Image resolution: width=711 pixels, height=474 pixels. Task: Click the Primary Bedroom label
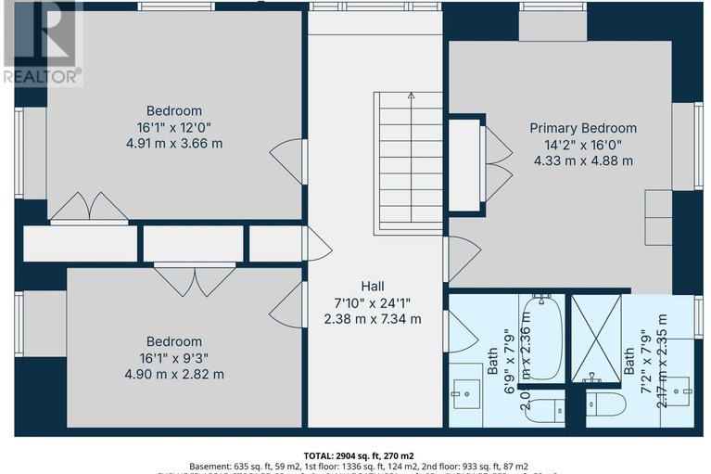click(x=583, y=128)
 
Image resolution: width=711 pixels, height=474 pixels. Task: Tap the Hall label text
click(x=373, y=287)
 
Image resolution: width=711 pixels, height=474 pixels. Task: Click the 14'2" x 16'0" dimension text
click(x=583, y=144)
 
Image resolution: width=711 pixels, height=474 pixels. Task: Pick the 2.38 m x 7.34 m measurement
click(x=373, y=319)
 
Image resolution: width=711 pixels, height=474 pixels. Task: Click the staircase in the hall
click(x=409, y=162)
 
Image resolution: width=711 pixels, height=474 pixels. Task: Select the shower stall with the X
click(x=594, y=339)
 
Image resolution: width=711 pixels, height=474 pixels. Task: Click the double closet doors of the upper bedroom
click(x=89, y=209)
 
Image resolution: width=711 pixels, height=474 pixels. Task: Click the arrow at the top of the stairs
click(x=410, y=95)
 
